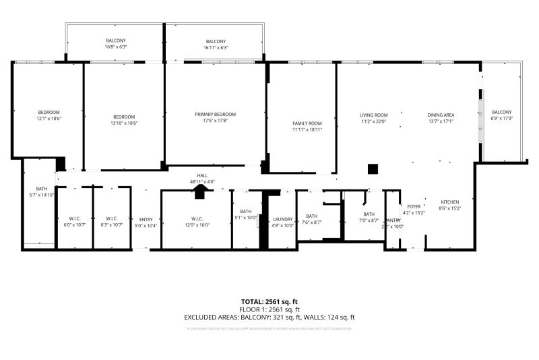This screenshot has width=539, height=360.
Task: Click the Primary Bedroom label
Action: [216, 115]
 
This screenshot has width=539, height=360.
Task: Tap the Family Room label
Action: [307, 123]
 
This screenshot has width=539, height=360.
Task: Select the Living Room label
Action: [374, 115]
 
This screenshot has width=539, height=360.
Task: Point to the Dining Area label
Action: [441, 115]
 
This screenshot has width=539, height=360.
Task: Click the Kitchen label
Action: [450, 202]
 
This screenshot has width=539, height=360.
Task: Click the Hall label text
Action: [202, 175]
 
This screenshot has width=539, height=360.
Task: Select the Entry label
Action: [146, 219]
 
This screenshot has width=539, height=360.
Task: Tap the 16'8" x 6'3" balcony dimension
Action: [116, 48]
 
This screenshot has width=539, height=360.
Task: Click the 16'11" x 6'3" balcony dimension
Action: [216, 48]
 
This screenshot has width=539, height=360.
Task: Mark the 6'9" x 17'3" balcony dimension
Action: [501, 119]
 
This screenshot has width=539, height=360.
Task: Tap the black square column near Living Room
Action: [373, 169]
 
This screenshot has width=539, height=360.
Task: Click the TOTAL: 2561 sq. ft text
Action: [269, 301]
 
